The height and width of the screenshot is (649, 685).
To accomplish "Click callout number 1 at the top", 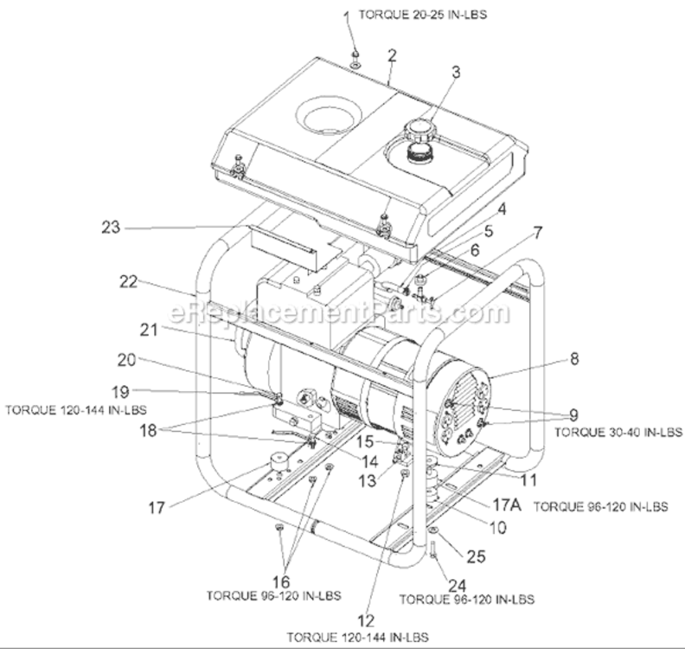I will click(x=348, y=16).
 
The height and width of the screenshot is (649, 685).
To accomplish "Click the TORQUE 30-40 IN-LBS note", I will click(x=617, y=430).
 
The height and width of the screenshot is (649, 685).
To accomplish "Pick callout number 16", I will click(x=282, y=581).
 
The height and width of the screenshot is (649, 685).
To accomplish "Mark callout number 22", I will click(x=129, y=282).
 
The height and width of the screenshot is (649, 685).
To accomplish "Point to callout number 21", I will click(x=125, y=329).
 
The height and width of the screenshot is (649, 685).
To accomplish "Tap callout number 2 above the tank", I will click(x=392, y=55).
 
